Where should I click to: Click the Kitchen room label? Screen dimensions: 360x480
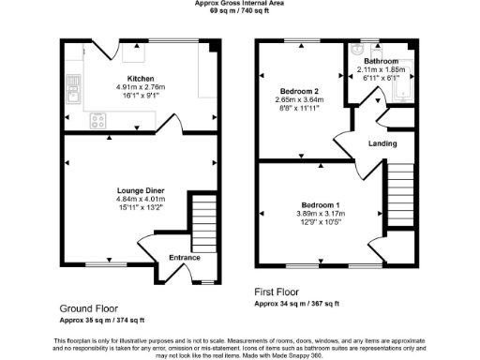(x=141, y=79)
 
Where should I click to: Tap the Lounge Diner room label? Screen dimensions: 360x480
(x=141, y=189)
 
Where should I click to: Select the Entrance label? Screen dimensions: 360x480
(x=184, y=258)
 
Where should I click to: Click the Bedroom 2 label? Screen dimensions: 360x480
(x=292, y=90)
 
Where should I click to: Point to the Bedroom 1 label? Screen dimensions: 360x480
(x=321, y=204)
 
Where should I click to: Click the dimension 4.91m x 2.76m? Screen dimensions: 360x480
(x=141, y=87)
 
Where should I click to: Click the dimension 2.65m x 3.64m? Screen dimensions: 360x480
(x=292, y=99)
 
